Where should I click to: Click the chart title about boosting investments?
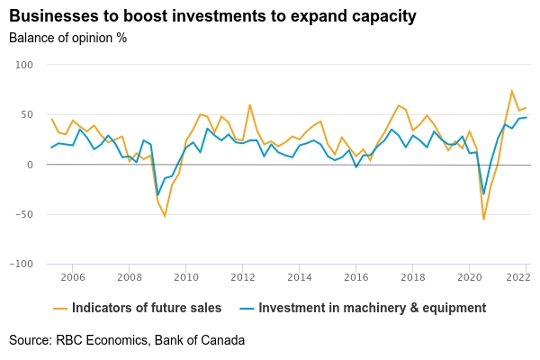[x=213, y=16]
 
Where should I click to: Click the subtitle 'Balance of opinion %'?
[x=67, y=38]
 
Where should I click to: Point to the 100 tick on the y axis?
[x=23, y=65]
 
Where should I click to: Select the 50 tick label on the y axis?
[x=26, y=114]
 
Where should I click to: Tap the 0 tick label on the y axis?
[x=30, y=165]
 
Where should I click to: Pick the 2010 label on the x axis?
[x=185, y=277]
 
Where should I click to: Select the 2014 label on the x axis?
[x=299, y=277]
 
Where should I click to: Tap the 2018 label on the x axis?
[x=412, y=277]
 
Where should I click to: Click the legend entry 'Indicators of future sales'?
[x=146, y=308]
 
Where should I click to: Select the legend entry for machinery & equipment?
[x=372, y=308]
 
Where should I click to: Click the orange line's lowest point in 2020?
[x=483, y=219]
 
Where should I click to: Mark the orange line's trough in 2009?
[x=165, y=216]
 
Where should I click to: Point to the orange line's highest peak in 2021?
[x=512, y=91]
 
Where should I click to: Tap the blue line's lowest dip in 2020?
[x=483, y=193]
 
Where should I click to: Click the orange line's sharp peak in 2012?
[x=249, y=105]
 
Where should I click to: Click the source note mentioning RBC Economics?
[x=127, y=340]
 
